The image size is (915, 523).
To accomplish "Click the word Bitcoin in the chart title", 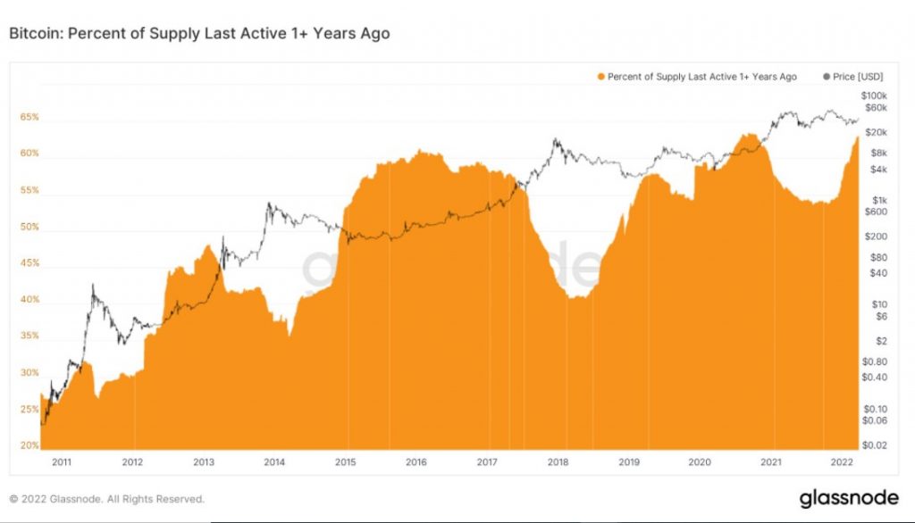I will (33, 34).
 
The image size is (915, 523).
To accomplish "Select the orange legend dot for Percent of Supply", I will (600, 77).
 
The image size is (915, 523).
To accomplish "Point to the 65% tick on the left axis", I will (29, 117).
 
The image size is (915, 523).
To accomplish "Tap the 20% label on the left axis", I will (29, 445).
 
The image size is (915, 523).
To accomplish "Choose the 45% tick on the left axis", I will (29, 263).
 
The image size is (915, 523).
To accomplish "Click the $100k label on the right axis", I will (873, 95).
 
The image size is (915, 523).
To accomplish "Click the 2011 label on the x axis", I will (62, 462).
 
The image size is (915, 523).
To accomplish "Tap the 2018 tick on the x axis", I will (558, 462).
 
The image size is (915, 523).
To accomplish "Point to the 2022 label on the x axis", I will (841, 462).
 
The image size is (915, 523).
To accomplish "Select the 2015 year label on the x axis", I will (346, 462).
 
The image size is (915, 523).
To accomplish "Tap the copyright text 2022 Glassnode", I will (106, 499).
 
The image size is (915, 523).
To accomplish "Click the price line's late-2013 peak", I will (269, 204).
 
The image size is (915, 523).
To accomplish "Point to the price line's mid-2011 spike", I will (93, 286).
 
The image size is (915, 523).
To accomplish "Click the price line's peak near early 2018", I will (556, 139).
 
